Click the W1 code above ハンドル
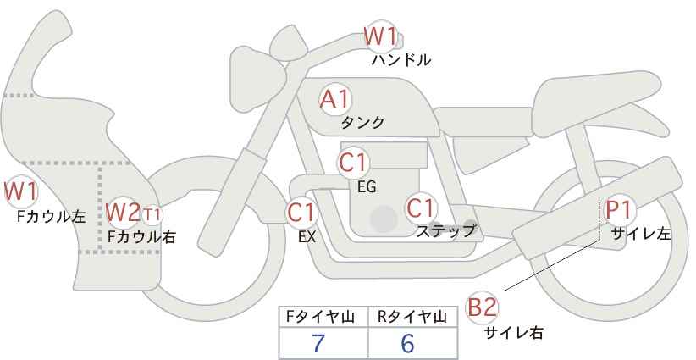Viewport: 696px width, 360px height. (x=380, y=36)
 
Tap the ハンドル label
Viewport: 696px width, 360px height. (x=400, y=60)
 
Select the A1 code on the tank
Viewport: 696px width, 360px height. (x=334, y=99)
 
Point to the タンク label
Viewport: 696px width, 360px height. (x=362, y=123)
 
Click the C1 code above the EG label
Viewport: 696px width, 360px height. (x=352, y=163)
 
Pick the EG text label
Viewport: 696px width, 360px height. (x=367, y=187)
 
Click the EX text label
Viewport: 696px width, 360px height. (x=307, y=237)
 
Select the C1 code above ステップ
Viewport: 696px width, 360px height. (x=421, y=208)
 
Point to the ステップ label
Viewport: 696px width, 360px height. (x=445, y=231)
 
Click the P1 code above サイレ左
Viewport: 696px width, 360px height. (x=619, y=209)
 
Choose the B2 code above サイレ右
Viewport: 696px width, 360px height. (x=482, y=307)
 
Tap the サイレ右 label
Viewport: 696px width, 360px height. (x=513, y=332)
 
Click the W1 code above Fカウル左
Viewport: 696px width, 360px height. (x=20, y=191)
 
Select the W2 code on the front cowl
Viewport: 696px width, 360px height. (x=123, y=212)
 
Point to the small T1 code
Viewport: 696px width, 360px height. (x=152, y=215)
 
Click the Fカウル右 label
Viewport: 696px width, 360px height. (x=141, y=237)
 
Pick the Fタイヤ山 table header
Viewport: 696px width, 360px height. (x=320, y=317)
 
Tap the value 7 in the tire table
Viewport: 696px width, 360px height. (x=318, y=343)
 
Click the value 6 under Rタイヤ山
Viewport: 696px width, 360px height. (x=407, y=343)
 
